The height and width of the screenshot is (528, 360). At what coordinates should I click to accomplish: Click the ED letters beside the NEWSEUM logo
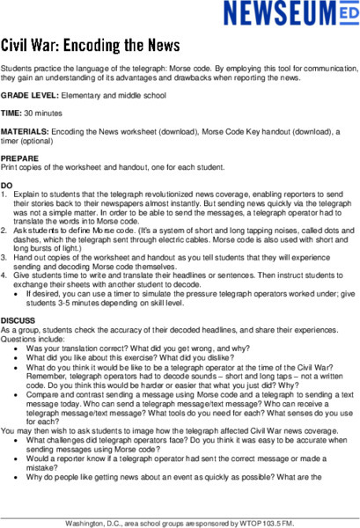342,15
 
